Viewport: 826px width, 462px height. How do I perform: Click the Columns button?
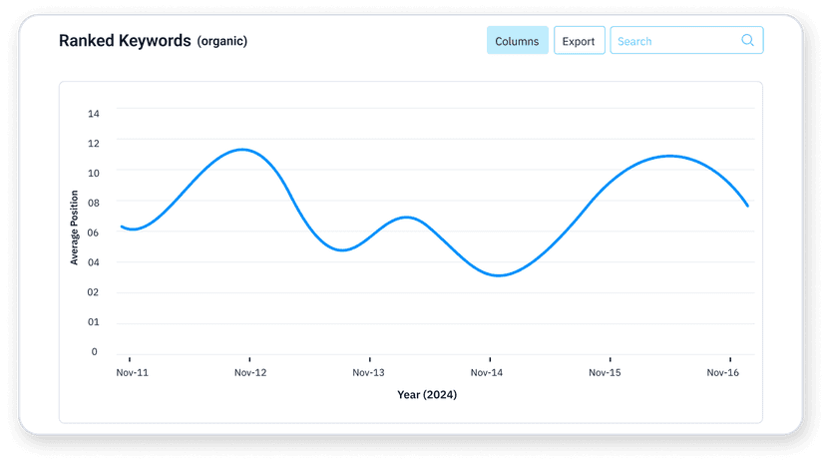[x=517, y=41]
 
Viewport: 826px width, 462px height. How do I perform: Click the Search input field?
[x=673, y=41]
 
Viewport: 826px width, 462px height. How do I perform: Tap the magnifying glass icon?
[x=747, y=41]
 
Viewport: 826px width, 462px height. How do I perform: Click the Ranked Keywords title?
[x=125, y=41]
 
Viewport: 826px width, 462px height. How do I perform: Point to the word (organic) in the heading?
[x=222, y=42]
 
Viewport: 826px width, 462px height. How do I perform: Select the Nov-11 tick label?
[x=132, y=372]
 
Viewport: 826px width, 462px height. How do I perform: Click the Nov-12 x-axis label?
[x=250, y=372]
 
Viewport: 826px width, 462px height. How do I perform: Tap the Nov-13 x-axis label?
[x=369, y=372]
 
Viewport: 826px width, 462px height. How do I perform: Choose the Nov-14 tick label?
[x=488, y=372]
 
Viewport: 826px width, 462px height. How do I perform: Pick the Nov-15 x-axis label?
[x=606, y=372]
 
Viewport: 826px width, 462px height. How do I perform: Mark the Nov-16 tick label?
[x=723, y=372]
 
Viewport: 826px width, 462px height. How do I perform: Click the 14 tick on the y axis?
[x=94, y=114]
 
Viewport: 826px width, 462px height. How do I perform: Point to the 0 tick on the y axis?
[x=95, y=351]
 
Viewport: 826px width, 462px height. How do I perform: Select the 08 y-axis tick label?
[x=93, y=203]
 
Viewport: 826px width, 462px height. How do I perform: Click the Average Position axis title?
[x=74, y=229]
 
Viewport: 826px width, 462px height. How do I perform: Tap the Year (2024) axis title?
[x=427, y=394]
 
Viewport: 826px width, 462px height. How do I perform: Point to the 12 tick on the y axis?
[x=94, y=143]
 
